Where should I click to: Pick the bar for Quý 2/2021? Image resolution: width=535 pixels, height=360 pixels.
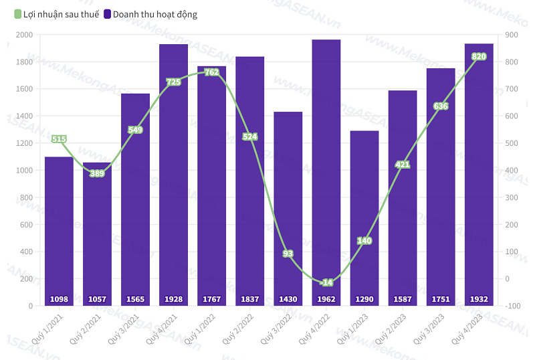click(x=97, y=234)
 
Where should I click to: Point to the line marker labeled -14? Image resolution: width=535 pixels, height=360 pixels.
click(x=326, y=282)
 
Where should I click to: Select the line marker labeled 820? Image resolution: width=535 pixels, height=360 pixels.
click(x=479, y=57)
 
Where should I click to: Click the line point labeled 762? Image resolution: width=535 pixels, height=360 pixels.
click(x=212, y=72)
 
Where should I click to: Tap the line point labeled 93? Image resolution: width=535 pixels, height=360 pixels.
click(x=288, y=254)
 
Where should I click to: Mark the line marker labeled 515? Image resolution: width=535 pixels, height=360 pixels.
click(x=59, y=139)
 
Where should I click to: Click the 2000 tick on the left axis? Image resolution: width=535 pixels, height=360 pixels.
click(x=24, y=35)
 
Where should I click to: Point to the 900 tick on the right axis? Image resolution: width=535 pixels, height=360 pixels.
click(x=512, y=35)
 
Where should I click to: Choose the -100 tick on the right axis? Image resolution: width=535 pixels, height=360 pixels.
click(x=512, y=306)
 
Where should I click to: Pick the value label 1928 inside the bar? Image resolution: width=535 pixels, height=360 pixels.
click(x=173, y=299)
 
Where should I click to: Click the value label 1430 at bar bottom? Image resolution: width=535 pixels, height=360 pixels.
click(x=288, y=299)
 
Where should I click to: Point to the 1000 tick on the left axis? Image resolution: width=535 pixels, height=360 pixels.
click(x=24, y=170)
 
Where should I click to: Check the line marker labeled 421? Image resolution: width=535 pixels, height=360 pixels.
click(x=403, y=165)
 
